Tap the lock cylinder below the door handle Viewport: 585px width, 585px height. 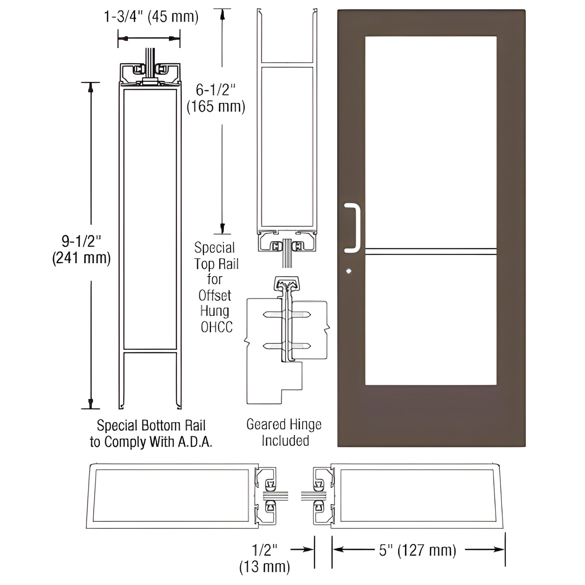click(x=349, y=271)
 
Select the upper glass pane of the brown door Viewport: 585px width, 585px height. click(x=431, y=142)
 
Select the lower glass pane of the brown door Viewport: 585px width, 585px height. click(x=431, y=320)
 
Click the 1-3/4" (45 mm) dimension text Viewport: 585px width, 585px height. click(x=151, y=17)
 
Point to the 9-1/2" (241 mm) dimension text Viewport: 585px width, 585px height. click(x=81, y=249)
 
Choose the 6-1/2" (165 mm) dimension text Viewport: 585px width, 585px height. click(x=216, y=98)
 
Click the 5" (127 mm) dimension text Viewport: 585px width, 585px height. click(x=417, y=550)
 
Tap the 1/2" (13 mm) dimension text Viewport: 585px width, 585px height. click(x=265, y=558)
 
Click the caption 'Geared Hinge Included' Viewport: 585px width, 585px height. click(x=284, y=432)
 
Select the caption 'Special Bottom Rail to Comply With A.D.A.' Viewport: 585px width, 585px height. click(x=151, y=434)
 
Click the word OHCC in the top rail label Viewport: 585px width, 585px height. click(x=217, y=327)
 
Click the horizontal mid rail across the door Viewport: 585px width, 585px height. click(x=431, y=251)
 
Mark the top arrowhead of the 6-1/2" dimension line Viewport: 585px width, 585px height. click(x=222, y=15)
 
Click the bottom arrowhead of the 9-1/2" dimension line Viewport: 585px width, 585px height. click(x=91, y=403)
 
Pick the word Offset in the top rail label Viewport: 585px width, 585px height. click(x=215, y=296)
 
